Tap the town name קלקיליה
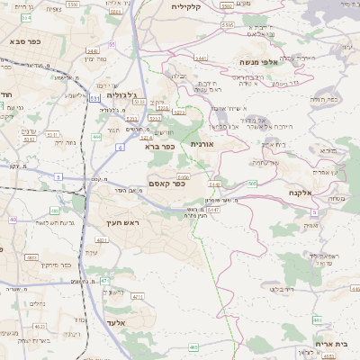[x=190, y=5]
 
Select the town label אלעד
[x=120, y=322]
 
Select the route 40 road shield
[x=13, y=219]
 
